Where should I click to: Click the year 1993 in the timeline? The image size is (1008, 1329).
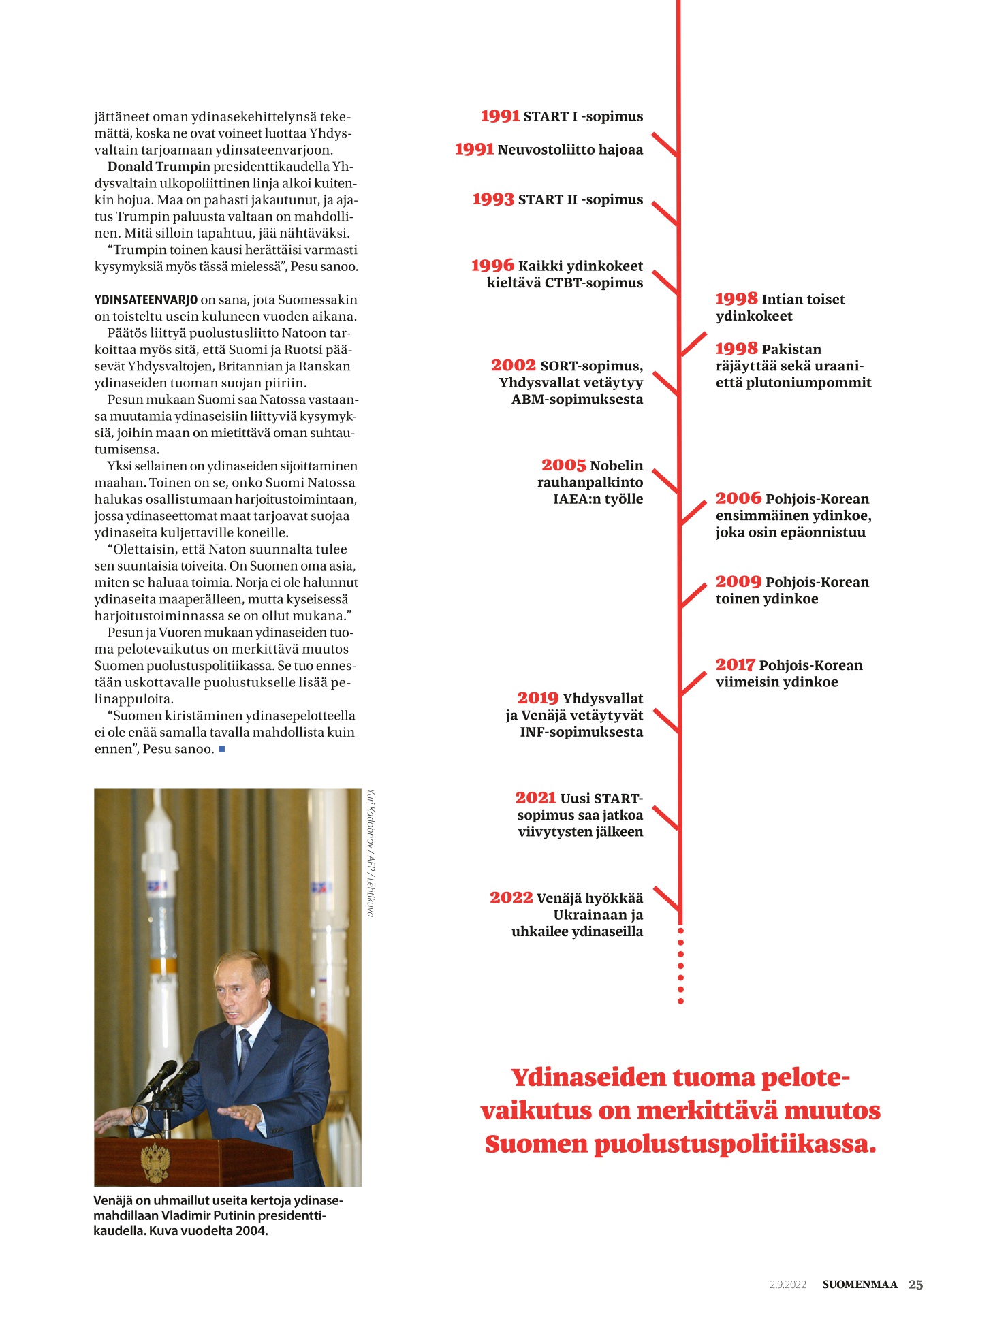492,199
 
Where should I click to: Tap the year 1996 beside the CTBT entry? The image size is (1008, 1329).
492,266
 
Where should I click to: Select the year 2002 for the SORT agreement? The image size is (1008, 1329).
513,366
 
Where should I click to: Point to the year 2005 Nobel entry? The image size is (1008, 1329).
563,466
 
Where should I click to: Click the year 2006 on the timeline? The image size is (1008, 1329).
738,498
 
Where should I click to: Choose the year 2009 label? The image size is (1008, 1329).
738,582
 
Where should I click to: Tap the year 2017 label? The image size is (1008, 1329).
735,665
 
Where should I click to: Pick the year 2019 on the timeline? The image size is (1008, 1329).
537,699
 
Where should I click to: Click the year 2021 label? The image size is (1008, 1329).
535,798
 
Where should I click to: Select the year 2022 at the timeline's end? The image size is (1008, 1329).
511,898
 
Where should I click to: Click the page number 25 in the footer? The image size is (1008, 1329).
916,1285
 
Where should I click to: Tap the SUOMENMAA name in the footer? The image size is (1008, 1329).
860,1285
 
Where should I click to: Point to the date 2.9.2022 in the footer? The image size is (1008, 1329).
788,1285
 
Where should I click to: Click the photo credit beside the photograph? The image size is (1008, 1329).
371,853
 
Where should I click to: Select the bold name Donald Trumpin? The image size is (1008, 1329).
159,167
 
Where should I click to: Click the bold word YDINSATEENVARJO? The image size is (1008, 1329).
146,300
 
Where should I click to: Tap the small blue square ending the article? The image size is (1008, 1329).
222,749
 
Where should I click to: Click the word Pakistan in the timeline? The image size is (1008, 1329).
791,349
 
